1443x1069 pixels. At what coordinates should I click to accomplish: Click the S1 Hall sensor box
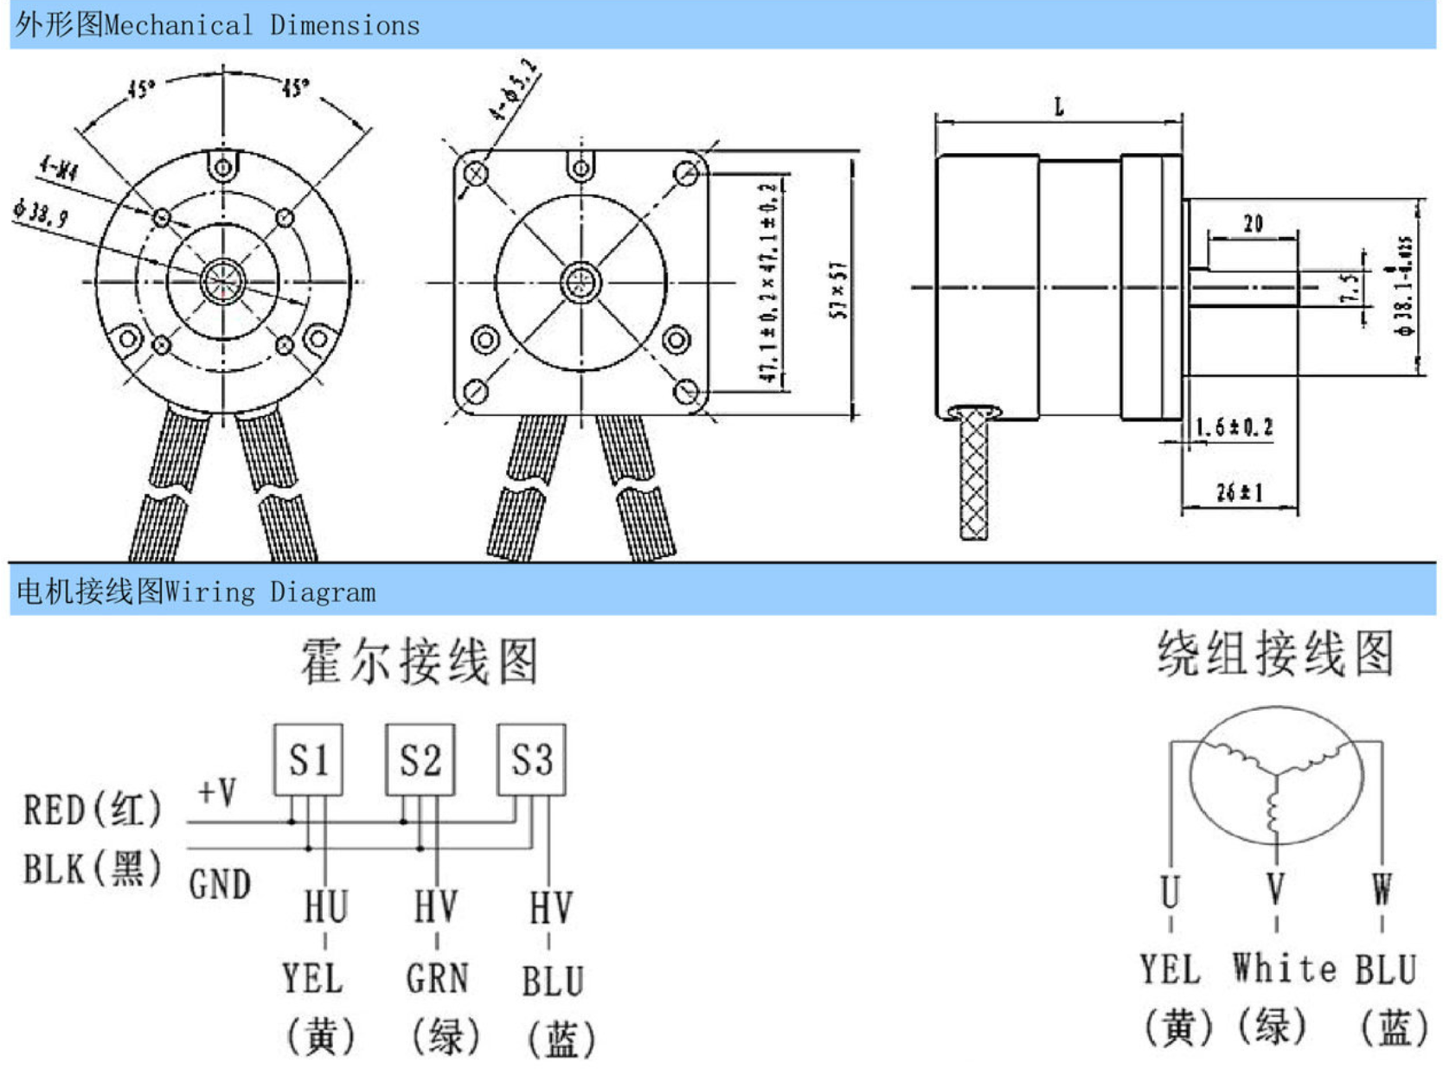tap(308, 759)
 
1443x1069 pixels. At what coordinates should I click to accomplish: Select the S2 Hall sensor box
tap(420, 759)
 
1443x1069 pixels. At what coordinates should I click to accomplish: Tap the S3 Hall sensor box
tap(531, 759)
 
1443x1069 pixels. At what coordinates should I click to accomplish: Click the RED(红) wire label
tap(92, 810)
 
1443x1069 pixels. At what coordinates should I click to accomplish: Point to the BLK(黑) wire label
tap(92, 868)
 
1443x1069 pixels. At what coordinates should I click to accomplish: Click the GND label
tap(220, 884)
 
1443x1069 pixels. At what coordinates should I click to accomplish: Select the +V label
tap(216, 791)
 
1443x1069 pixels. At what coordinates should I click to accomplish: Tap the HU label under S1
tap(325, 906)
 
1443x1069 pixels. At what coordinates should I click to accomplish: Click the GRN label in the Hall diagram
tap(437, 979)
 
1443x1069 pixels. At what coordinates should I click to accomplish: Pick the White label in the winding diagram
tap(1284, 968)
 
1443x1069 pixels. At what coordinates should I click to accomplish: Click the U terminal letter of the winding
tap(1170, 891)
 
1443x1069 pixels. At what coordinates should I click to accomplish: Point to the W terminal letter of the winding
tap(1382, 889)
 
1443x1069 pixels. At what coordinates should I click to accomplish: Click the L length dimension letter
tap(1059, 107)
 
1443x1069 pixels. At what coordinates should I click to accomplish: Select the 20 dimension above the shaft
tap(1253, 224)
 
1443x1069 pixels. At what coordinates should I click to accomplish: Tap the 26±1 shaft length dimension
tap(1239, 493)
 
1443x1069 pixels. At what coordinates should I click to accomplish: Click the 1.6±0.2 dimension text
tap(1234, 427)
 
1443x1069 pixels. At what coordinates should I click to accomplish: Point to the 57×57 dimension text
tap(837, 291)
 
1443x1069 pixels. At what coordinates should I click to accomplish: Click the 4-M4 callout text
tap(59, 168)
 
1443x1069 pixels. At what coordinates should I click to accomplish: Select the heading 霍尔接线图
tap(420, 662)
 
